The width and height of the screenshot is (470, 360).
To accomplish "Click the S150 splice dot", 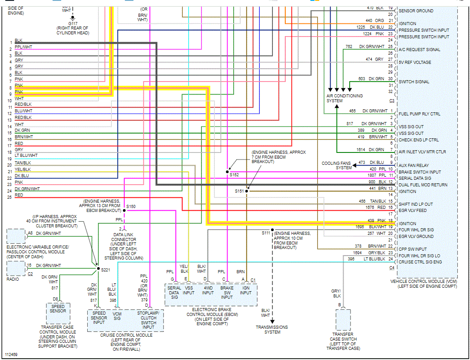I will pyautogui.click(x=124, y=211).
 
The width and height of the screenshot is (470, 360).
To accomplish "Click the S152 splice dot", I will pyautogui.click(x=228, y=171).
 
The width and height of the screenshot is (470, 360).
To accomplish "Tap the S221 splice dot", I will pyautogui.click(x=97, y=268).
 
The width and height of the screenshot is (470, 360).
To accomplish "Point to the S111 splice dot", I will pyautogui.click(x=272, y=230).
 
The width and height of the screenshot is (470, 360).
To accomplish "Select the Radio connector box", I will pyautogui.click(x=16, y=268).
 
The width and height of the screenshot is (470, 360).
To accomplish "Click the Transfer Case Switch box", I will pyautogui.click(x=343, y=320).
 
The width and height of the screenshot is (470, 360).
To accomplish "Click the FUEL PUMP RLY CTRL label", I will pyautogui.click(x=419, y=114).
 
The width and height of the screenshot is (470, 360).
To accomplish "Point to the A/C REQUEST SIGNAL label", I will pyautogui.click(x=419, y=50).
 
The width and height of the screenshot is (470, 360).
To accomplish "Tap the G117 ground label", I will pyautogui.click(x=72, y=23).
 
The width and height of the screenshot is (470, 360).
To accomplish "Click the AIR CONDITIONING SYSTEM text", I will pyautogui.click(x=344, y=98).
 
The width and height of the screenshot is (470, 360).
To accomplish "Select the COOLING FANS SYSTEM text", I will pyautogui.click(x=336, y=165).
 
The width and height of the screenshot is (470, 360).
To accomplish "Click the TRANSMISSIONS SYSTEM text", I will pyautogui.click(x=272, y=330).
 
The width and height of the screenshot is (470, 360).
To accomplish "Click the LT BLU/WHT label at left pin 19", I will pyautogui.click(x=26, y=155).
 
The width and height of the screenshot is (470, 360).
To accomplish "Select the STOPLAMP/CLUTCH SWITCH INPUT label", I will pyautogui.click(x=149, y=320).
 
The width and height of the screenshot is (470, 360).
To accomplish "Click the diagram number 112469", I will pyautogui.click(x=11, y=354).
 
